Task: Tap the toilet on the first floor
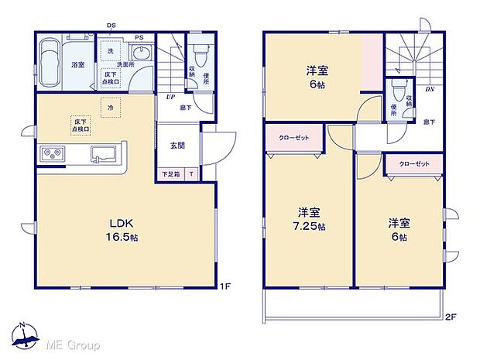200,54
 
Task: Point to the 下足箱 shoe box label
170,175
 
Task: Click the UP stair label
168,97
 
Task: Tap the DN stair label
429,89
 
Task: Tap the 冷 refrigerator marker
111,108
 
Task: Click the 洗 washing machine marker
110,51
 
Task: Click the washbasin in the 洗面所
142,53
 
